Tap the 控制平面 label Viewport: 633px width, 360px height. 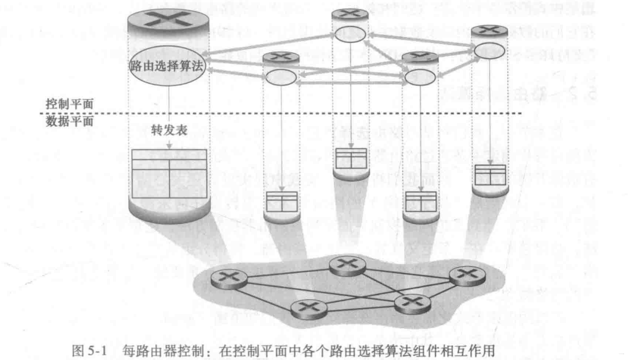(69, 102)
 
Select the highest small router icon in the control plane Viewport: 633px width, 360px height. (350, 14)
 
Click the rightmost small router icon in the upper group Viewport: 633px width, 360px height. (489, 30)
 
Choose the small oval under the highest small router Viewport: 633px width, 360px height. (351, 34)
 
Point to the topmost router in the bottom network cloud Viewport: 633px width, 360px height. (347, 266)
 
